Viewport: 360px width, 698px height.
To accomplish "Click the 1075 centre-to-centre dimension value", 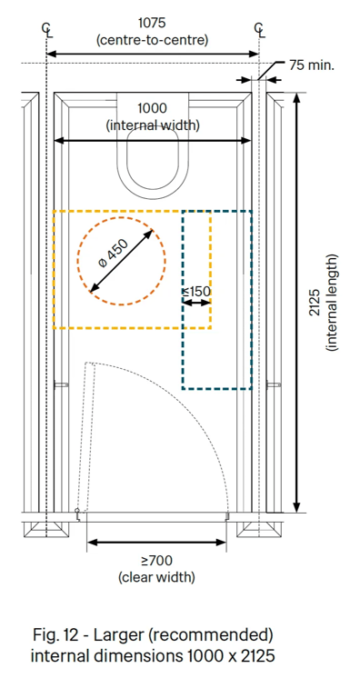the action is [153, 22].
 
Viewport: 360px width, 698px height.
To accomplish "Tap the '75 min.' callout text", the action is [312, 65].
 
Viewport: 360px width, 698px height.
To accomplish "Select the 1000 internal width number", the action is [153, 108].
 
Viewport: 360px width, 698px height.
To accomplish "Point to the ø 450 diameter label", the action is [113, 254].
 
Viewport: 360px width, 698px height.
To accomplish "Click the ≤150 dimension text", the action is [196, 292].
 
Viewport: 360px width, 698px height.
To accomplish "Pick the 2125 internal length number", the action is [315, 303].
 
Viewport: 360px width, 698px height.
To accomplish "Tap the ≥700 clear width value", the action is [157, 560].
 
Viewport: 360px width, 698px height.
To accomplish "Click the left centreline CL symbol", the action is [46, 30].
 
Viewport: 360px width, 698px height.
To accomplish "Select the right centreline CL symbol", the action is [259, 30].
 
